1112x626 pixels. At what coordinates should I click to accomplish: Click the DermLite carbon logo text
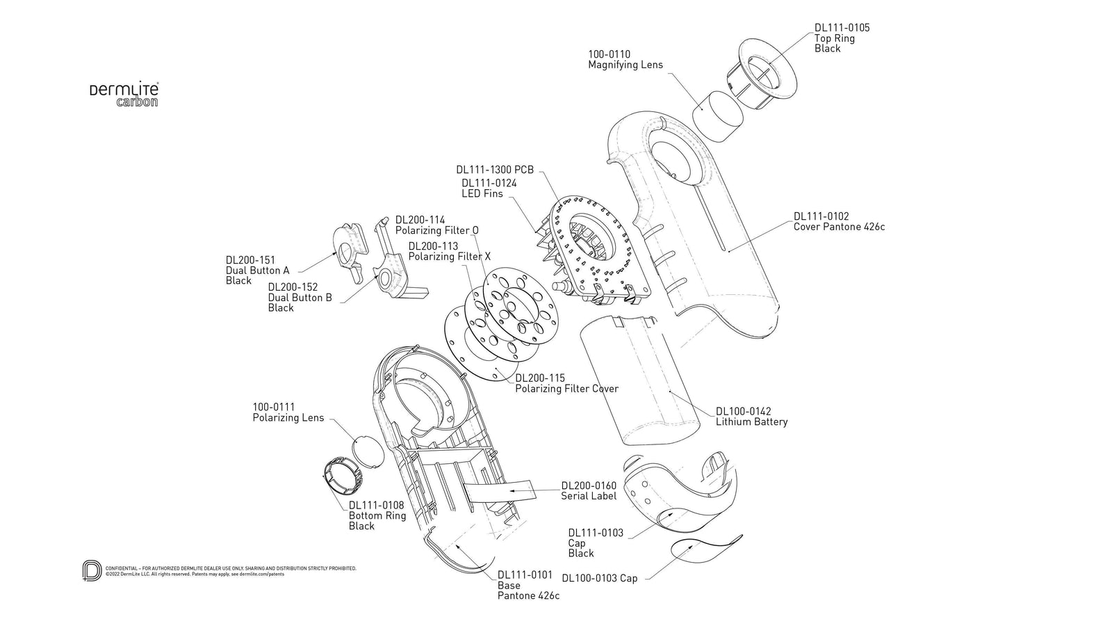tap(124, 95)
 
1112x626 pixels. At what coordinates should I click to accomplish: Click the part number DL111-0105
tap(842, 28)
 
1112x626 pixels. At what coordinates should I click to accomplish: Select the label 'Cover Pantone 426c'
tap(839, 227)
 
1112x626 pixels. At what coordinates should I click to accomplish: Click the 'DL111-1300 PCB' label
tap(494, 170)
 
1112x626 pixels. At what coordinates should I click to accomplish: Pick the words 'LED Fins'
tap(482, 193)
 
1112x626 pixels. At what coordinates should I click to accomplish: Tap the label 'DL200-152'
tap(293, 287)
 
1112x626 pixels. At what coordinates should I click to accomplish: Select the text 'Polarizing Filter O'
tap(436, 230)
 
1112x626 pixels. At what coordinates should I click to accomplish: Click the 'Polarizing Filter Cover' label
tap(566, 389)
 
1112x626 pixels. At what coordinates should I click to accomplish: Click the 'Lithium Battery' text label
tap(751, 422)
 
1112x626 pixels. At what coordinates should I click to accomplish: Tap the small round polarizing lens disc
tap(368, 453)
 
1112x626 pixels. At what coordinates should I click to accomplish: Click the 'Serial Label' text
tap(589, 496)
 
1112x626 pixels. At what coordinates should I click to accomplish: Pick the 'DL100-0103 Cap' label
tap(599, 578)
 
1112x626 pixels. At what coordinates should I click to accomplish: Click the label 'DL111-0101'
tap(525, 575)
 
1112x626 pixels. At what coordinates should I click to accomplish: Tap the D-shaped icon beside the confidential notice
tap(92, 570)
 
